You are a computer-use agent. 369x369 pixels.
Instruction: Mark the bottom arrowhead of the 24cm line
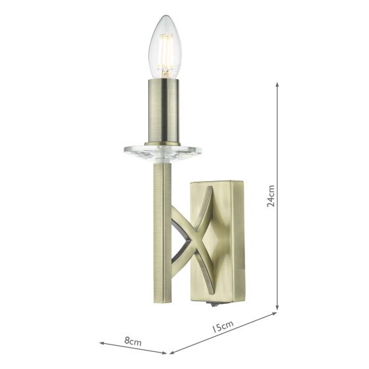277,308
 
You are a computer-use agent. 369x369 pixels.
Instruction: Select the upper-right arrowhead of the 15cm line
275,314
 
